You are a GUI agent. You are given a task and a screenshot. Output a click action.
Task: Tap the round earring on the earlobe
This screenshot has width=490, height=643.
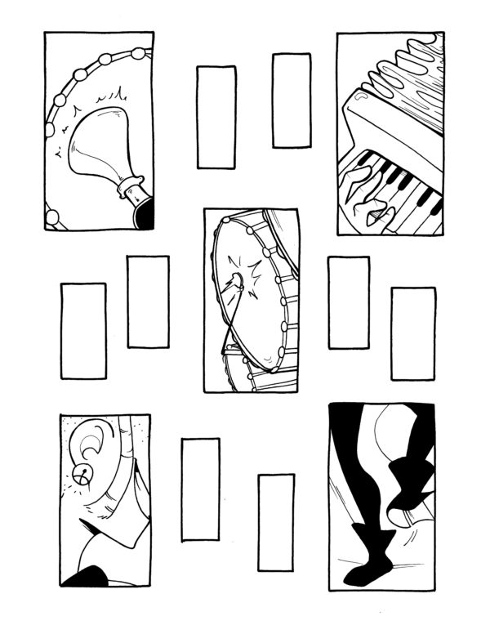coord(81,473)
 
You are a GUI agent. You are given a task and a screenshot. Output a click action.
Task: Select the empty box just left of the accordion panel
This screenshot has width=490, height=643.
coord(292,100)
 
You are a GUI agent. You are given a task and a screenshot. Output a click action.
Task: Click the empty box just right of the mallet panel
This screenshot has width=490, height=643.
coord(216,117)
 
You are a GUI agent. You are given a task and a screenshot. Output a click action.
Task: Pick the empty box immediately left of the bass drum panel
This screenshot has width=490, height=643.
coord(148,301)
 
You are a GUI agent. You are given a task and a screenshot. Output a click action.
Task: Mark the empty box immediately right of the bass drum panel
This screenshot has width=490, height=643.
coord(349,302)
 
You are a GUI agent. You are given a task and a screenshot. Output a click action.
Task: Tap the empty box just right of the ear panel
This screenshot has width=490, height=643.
coord(200,489)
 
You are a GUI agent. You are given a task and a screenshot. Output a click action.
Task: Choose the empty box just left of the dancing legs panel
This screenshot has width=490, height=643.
coord(276,522)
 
